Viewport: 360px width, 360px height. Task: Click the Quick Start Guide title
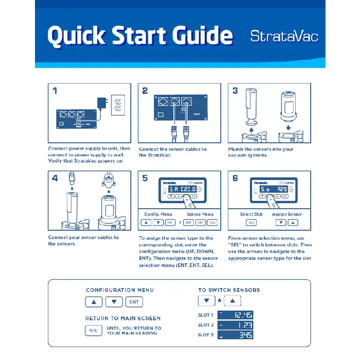coord(140,35)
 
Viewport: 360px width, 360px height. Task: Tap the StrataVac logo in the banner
coord(284,36)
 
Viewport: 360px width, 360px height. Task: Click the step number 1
coord(55,91)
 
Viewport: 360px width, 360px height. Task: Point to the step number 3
coord(235,91)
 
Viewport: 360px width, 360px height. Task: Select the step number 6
coord(235,178)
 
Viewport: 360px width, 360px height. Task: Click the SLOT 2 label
coord(205,325)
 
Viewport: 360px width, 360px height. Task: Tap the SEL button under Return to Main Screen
coord(93,331)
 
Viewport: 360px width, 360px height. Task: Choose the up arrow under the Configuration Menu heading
coord(94,302)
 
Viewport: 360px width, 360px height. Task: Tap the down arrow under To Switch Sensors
coord(206,301)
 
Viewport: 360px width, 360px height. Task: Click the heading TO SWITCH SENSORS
coord(229,290)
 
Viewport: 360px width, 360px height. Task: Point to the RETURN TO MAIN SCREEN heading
coord(123,318)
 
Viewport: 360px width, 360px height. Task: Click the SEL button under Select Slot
coord(251,223)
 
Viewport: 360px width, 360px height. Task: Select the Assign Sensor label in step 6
coord(287,214)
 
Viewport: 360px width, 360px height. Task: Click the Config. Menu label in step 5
coord(158,214)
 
